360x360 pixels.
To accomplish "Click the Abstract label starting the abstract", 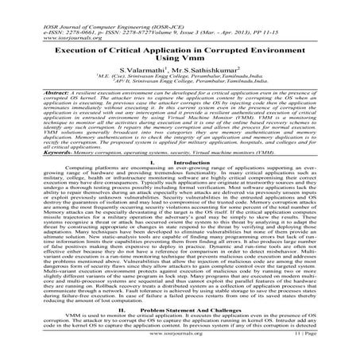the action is click(x=35, y=92).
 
